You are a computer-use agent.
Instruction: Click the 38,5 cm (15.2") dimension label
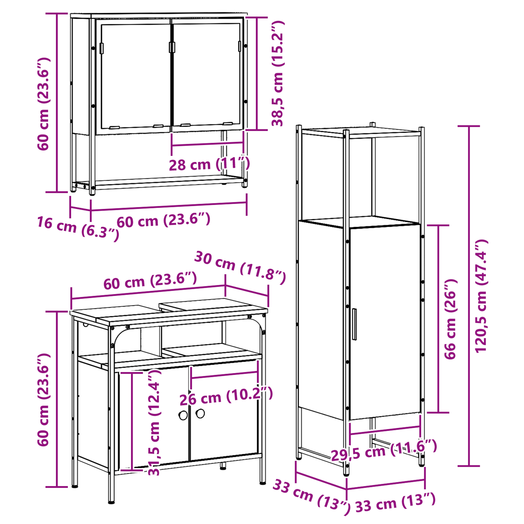click(278, 73)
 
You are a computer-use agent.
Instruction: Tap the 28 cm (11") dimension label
click(209, 163)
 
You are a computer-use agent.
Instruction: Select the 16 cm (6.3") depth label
click(78, 228)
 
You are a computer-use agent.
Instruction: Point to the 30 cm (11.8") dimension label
click(240, 267)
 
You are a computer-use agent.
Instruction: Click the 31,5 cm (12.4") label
click(154, 422)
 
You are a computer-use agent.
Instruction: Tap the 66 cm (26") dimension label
click(450, 319)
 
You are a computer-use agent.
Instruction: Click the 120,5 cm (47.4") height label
click(481, 296)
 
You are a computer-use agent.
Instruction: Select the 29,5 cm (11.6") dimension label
click(384, 450)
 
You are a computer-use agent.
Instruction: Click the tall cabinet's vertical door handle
click(354, 324)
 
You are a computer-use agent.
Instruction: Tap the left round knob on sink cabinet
click(183, 416)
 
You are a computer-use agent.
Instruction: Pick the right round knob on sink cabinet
click(200, 414)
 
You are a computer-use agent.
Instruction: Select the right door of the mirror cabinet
click(208, 75)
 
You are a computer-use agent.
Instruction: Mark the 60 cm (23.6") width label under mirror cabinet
click(163, 220)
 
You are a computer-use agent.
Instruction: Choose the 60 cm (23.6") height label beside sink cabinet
click(43, 400)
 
